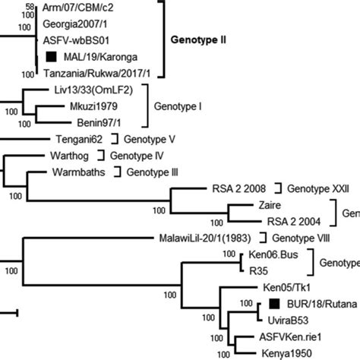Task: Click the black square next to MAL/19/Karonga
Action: click(x=51, y=57)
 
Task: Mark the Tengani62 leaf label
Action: click(x=78, y=139)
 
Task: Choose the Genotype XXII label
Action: click(x=318, y=188)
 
